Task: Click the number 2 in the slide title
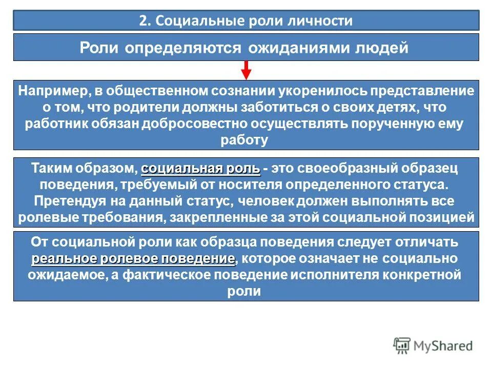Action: (x=142, y=21)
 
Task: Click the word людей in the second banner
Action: (x=382, y=48)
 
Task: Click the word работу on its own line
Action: (x=245, y=140)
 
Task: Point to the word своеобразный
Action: (x=359, y=169)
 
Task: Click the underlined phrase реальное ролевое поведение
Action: (x=133, y=258)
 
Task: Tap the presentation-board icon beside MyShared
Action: (x=403, y=346)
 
